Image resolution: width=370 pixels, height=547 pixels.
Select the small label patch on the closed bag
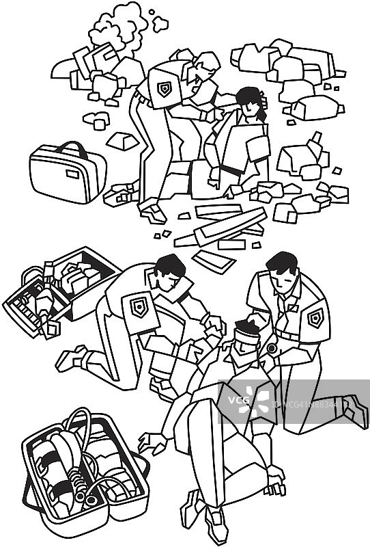coord(72,173)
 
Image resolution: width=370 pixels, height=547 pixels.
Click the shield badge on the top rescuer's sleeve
coord(165,89)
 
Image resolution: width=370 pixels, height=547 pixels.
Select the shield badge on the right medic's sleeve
coord(315,317)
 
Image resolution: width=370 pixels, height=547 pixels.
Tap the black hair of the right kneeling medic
coord(282,262)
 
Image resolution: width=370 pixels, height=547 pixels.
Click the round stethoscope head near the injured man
coord(272,348)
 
